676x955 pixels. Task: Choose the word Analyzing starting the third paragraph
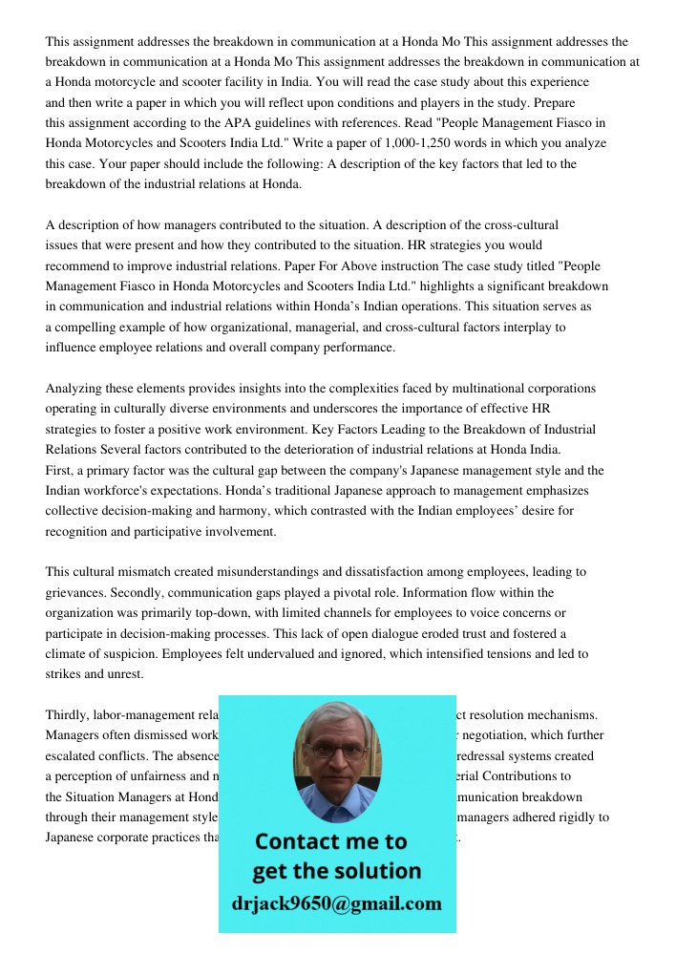75,389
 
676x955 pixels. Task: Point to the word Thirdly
69,715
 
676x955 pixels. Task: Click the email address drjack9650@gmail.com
337,903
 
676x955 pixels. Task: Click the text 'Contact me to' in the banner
331,841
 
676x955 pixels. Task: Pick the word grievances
78,592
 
